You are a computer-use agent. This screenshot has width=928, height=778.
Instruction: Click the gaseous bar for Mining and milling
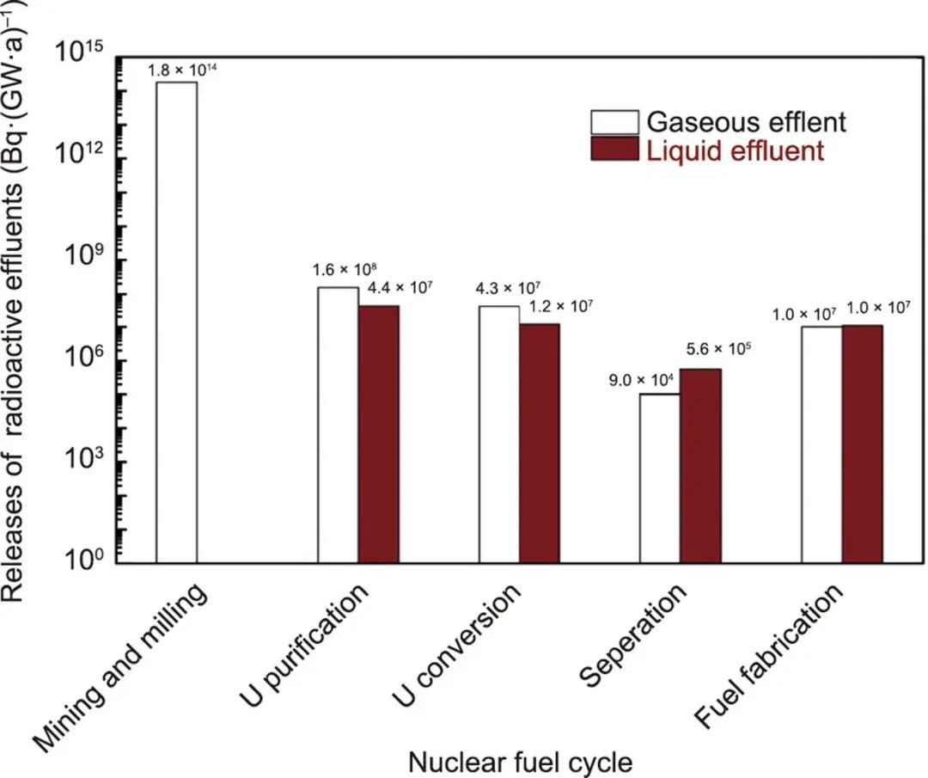pyautogui.click(x=176, y=322)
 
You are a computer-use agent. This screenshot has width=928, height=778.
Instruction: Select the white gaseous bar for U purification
pyautogui.click(x=338, y=425)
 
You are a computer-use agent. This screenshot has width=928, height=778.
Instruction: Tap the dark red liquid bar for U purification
pyautogui.click(x=378, y=434)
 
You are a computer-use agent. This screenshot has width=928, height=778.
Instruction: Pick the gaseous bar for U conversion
pyautogui.click(x=498, y=434)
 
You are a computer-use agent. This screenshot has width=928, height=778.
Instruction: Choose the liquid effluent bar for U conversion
pyautogui.click(x=539, y=444)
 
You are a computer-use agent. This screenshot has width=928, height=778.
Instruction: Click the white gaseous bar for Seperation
pyautogui.click(x=660, y=478)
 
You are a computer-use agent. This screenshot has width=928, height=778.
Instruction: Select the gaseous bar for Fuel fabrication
pyautogui.click(x=821, y=444)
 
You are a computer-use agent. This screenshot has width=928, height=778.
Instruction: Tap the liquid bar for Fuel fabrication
pyautogui.click(x=862, y=444)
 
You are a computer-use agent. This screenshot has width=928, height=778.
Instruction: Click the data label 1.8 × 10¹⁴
pyautogui.click(x=181, y=69)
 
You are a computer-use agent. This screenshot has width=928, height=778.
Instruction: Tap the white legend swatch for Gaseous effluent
pyautogui.click(x=614, y=121)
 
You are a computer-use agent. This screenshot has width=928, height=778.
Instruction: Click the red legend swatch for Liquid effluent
pyautogui.click(x=614, y=150)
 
